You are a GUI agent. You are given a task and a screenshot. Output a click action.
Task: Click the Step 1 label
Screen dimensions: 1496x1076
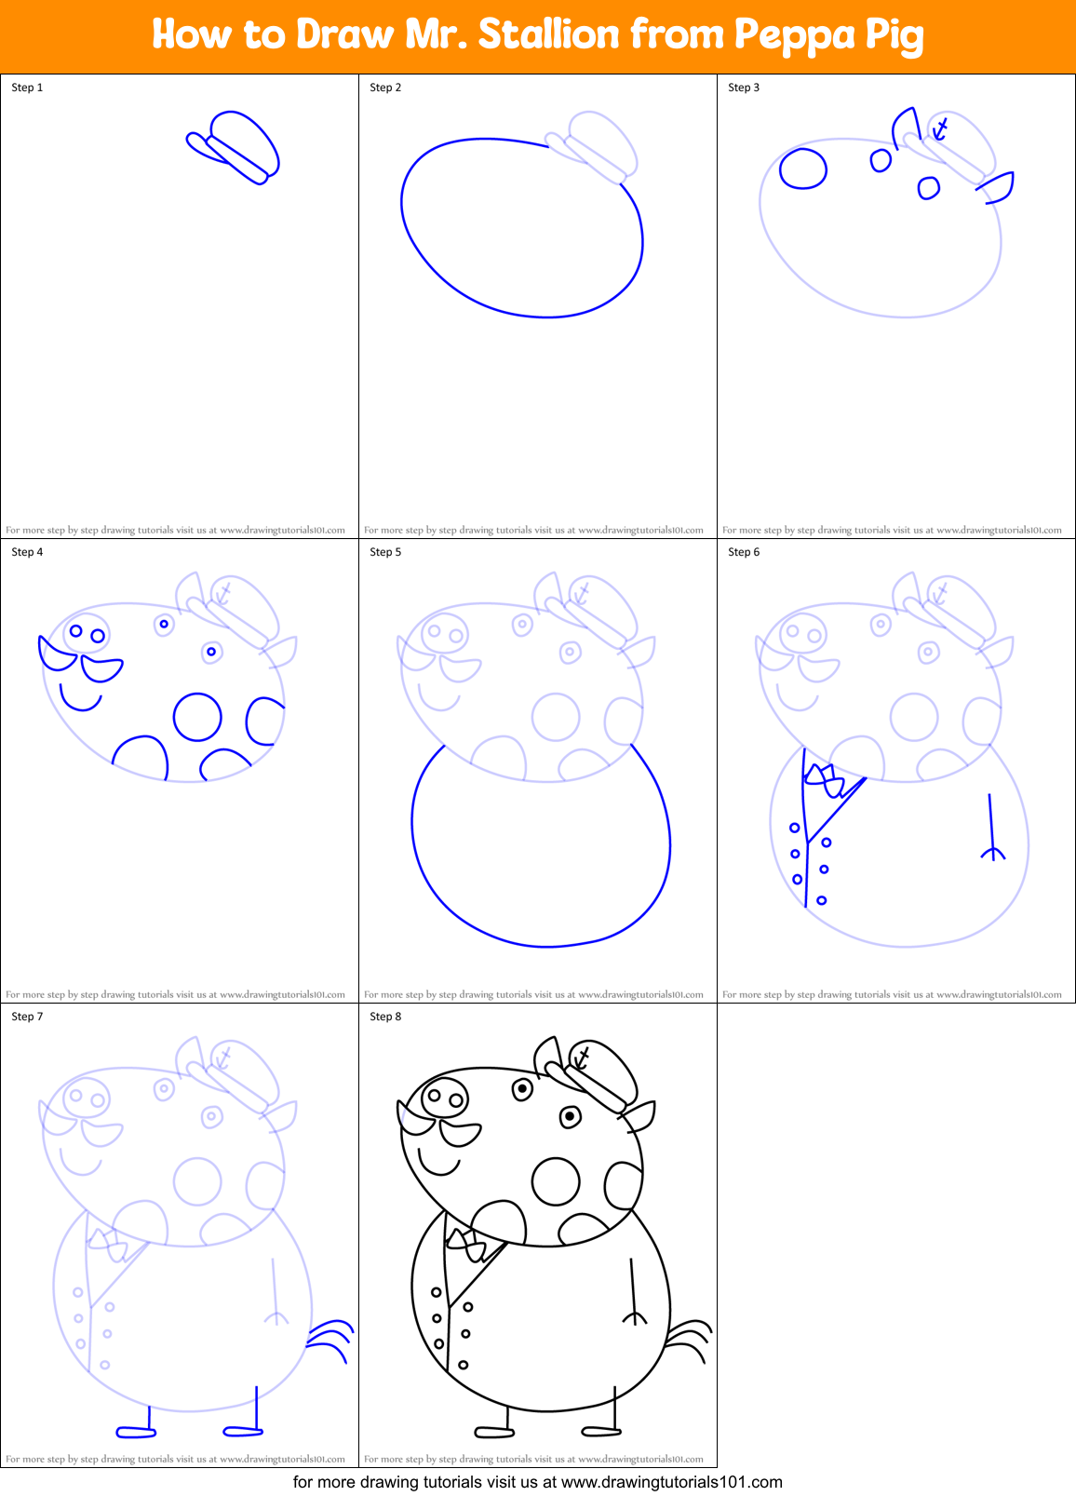click(27, 88)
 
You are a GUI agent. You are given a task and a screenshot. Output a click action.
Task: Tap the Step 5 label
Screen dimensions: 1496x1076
click(385, 552)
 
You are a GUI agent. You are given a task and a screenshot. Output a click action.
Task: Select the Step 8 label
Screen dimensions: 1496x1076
click(385, 1017)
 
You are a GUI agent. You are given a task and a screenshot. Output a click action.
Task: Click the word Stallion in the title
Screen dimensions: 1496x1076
click(548, 34)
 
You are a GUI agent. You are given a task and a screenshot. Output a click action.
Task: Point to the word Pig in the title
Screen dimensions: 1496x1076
click(894, 36)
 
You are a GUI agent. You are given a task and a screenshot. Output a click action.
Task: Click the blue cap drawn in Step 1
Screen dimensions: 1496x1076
click(237, 145)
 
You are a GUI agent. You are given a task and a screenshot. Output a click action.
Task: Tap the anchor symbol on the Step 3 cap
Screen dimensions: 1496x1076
click(941, 128)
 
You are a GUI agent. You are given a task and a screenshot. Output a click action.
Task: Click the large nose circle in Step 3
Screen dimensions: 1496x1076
click(802, 168)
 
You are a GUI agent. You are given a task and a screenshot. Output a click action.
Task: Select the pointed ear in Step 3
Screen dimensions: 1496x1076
click(999, 187)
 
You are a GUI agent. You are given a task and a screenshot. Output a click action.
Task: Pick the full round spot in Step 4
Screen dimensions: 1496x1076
click(197, 717)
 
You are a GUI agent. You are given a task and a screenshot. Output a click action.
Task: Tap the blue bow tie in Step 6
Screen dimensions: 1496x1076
click(826, 780)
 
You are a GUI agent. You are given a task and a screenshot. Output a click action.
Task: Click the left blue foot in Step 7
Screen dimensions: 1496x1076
click(136, 1431)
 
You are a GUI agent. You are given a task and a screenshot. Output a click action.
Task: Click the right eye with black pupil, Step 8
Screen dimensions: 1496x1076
click(571, 1116)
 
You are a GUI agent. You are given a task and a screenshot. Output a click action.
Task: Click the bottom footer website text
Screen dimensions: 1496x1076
click(537, 1482)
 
